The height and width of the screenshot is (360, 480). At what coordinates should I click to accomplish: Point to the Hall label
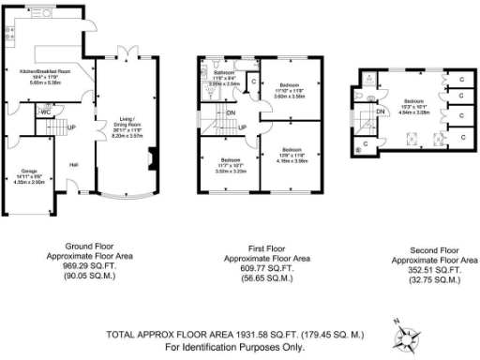(73, 164)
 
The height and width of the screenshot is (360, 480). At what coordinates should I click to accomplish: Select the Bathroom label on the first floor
(223, 72)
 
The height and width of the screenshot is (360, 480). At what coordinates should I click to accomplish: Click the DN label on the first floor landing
(232, 112)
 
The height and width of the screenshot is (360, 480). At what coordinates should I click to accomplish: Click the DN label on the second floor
(381, 112)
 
